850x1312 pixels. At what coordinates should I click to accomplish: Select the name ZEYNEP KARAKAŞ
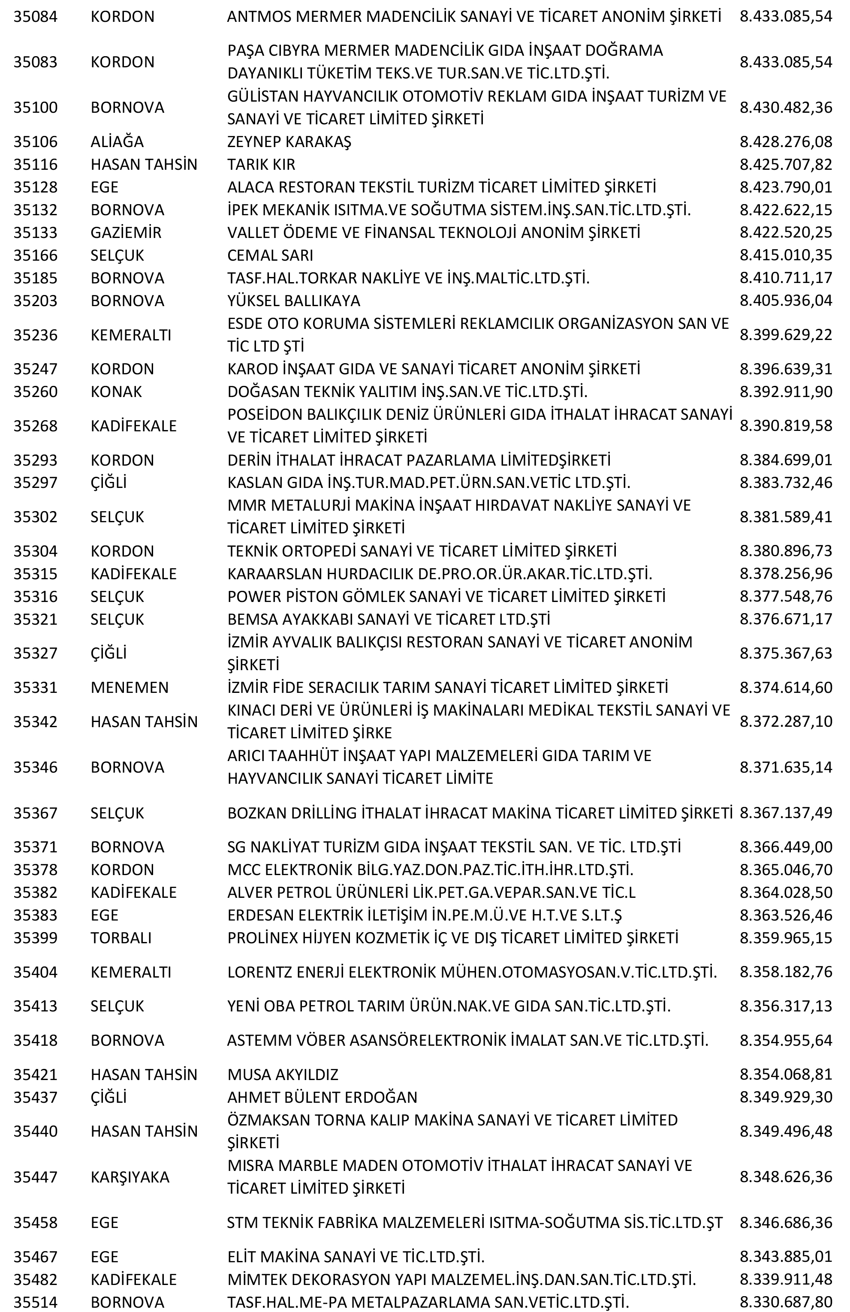point(289,141)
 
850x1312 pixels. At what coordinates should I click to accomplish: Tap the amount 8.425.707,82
point(786,164)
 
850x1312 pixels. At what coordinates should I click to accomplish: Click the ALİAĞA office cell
point(117,141)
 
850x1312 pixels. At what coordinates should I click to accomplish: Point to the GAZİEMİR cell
point(126,233)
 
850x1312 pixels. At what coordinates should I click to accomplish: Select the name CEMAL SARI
point(270,255)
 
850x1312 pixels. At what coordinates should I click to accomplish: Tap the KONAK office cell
point(116,391)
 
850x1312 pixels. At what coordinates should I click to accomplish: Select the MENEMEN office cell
point(130,687)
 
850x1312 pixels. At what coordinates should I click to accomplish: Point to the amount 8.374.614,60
point(786,687)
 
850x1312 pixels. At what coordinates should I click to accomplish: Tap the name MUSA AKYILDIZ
point(283,1074)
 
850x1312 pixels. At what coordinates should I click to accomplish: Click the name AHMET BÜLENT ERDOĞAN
point(322,1097)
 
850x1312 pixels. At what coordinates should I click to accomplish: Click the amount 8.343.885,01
point(786,1256)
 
